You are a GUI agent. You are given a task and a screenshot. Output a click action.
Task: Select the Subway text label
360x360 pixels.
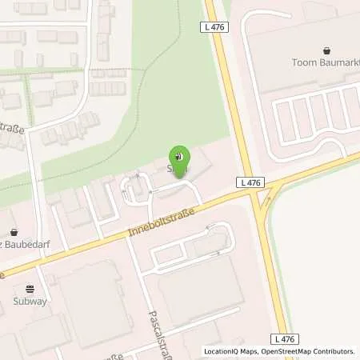click(30, 302)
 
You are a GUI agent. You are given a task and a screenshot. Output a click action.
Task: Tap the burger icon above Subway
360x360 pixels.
click(30, 289)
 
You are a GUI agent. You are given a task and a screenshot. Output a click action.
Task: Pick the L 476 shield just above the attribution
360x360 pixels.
click(297, 339)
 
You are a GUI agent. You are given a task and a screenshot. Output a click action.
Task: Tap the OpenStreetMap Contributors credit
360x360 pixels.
click(310, 351)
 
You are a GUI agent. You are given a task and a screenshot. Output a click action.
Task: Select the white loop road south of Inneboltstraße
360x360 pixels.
click(192, 244)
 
